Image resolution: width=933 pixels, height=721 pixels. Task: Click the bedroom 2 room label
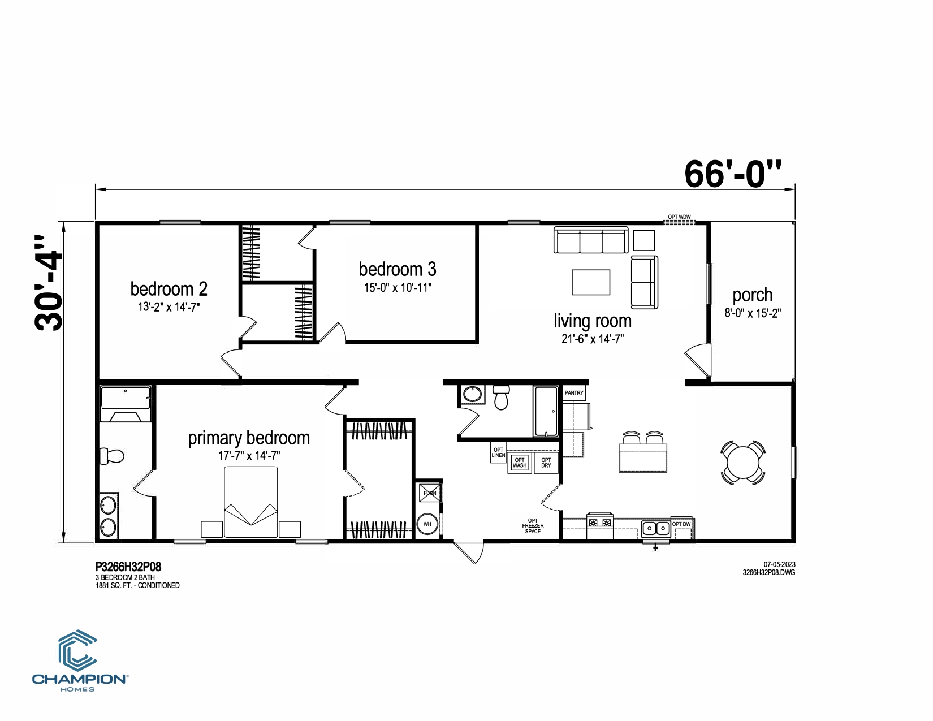tap(169, 289)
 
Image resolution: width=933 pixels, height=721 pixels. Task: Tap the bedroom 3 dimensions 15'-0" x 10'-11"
tap(398, 288)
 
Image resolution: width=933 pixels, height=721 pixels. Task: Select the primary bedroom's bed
tap(250, 502)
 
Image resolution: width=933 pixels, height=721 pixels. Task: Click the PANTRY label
tap(574, 393)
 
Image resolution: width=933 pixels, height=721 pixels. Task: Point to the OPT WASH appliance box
tap(520, 463)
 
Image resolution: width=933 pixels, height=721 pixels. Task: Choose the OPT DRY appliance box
tap(546, 463)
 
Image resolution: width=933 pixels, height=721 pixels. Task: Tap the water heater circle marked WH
tap(427, 524)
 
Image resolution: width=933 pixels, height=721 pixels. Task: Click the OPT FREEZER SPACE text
tap(533, 525)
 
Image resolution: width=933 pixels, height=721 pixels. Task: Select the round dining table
tap(743, 463)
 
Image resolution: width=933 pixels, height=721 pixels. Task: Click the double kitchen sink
tap(655, 528)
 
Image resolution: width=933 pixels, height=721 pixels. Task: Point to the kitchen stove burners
tap(600, 523)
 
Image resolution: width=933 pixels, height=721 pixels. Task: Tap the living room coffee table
tap(591, 282)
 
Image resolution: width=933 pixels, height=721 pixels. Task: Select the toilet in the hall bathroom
tap(501, 397)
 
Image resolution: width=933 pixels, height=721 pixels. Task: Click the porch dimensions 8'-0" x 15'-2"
tap(753, 313)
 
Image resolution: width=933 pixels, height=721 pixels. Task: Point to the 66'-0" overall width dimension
tap(732, 174)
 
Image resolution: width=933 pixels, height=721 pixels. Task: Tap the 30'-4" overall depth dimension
tap(49, 283)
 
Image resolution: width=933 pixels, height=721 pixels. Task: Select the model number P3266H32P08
tap(128, 567)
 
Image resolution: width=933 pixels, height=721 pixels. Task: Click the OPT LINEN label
tap(498, 452)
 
